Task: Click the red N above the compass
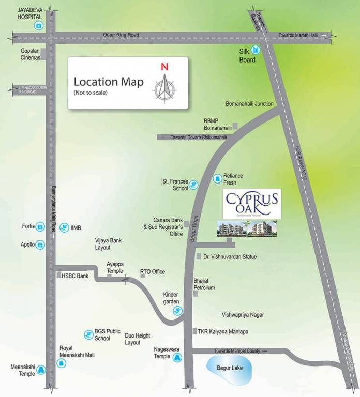tap(164, 67)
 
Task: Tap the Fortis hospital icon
tap(40, 226)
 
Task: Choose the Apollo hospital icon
tap(40, 245)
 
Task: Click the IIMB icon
tap(64, 227)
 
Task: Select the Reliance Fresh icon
tap(217, 179)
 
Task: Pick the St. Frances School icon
tap(193, 185)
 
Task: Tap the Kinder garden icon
tap(178, 310)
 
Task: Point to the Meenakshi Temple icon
tap(41, 369)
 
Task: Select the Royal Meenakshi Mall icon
tap(62, 364)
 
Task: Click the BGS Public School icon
tap(88, 334)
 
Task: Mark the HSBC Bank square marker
tap(58, 276)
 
